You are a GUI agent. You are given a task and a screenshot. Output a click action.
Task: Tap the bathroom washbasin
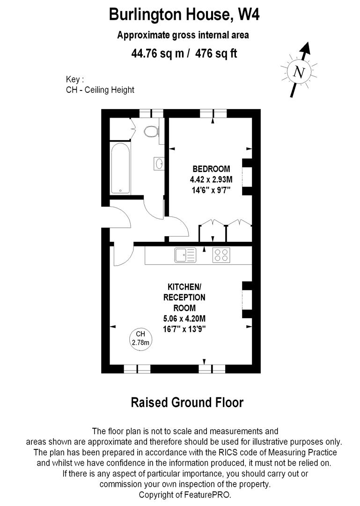[x=159, y=164]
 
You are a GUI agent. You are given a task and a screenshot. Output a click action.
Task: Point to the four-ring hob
[x=221, y=255]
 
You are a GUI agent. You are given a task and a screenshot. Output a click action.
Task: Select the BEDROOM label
[x=212, y=169]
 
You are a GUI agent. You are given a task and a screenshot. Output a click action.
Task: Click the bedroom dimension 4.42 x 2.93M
[x=212, y=179]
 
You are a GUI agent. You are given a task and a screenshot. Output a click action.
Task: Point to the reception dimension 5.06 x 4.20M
[x=184, y=319]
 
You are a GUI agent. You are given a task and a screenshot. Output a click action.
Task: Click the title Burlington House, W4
[x=184, y=15]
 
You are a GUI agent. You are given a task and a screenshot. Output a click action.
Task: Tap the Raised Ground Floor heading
[x=186, y=402]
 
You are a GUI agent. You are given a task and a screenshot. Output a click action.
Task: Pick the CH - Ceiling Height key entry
[x=100, y=89]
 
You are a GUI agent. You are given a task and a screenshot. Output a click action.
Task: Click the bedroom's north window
[x=213, y=113]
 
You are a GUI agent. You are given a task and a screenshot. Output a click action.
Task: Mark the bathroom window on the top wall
[x=151, y=113]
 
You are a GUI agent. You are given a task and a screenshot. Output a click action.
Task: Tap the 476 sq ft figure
[x=216, y=53]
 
